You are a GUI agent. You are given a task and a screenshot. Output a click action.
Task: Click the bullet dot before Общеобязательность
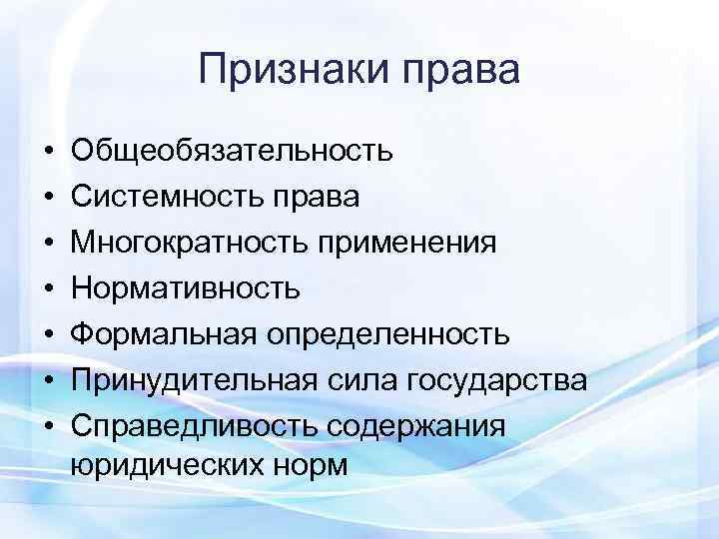click(48, 153)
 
